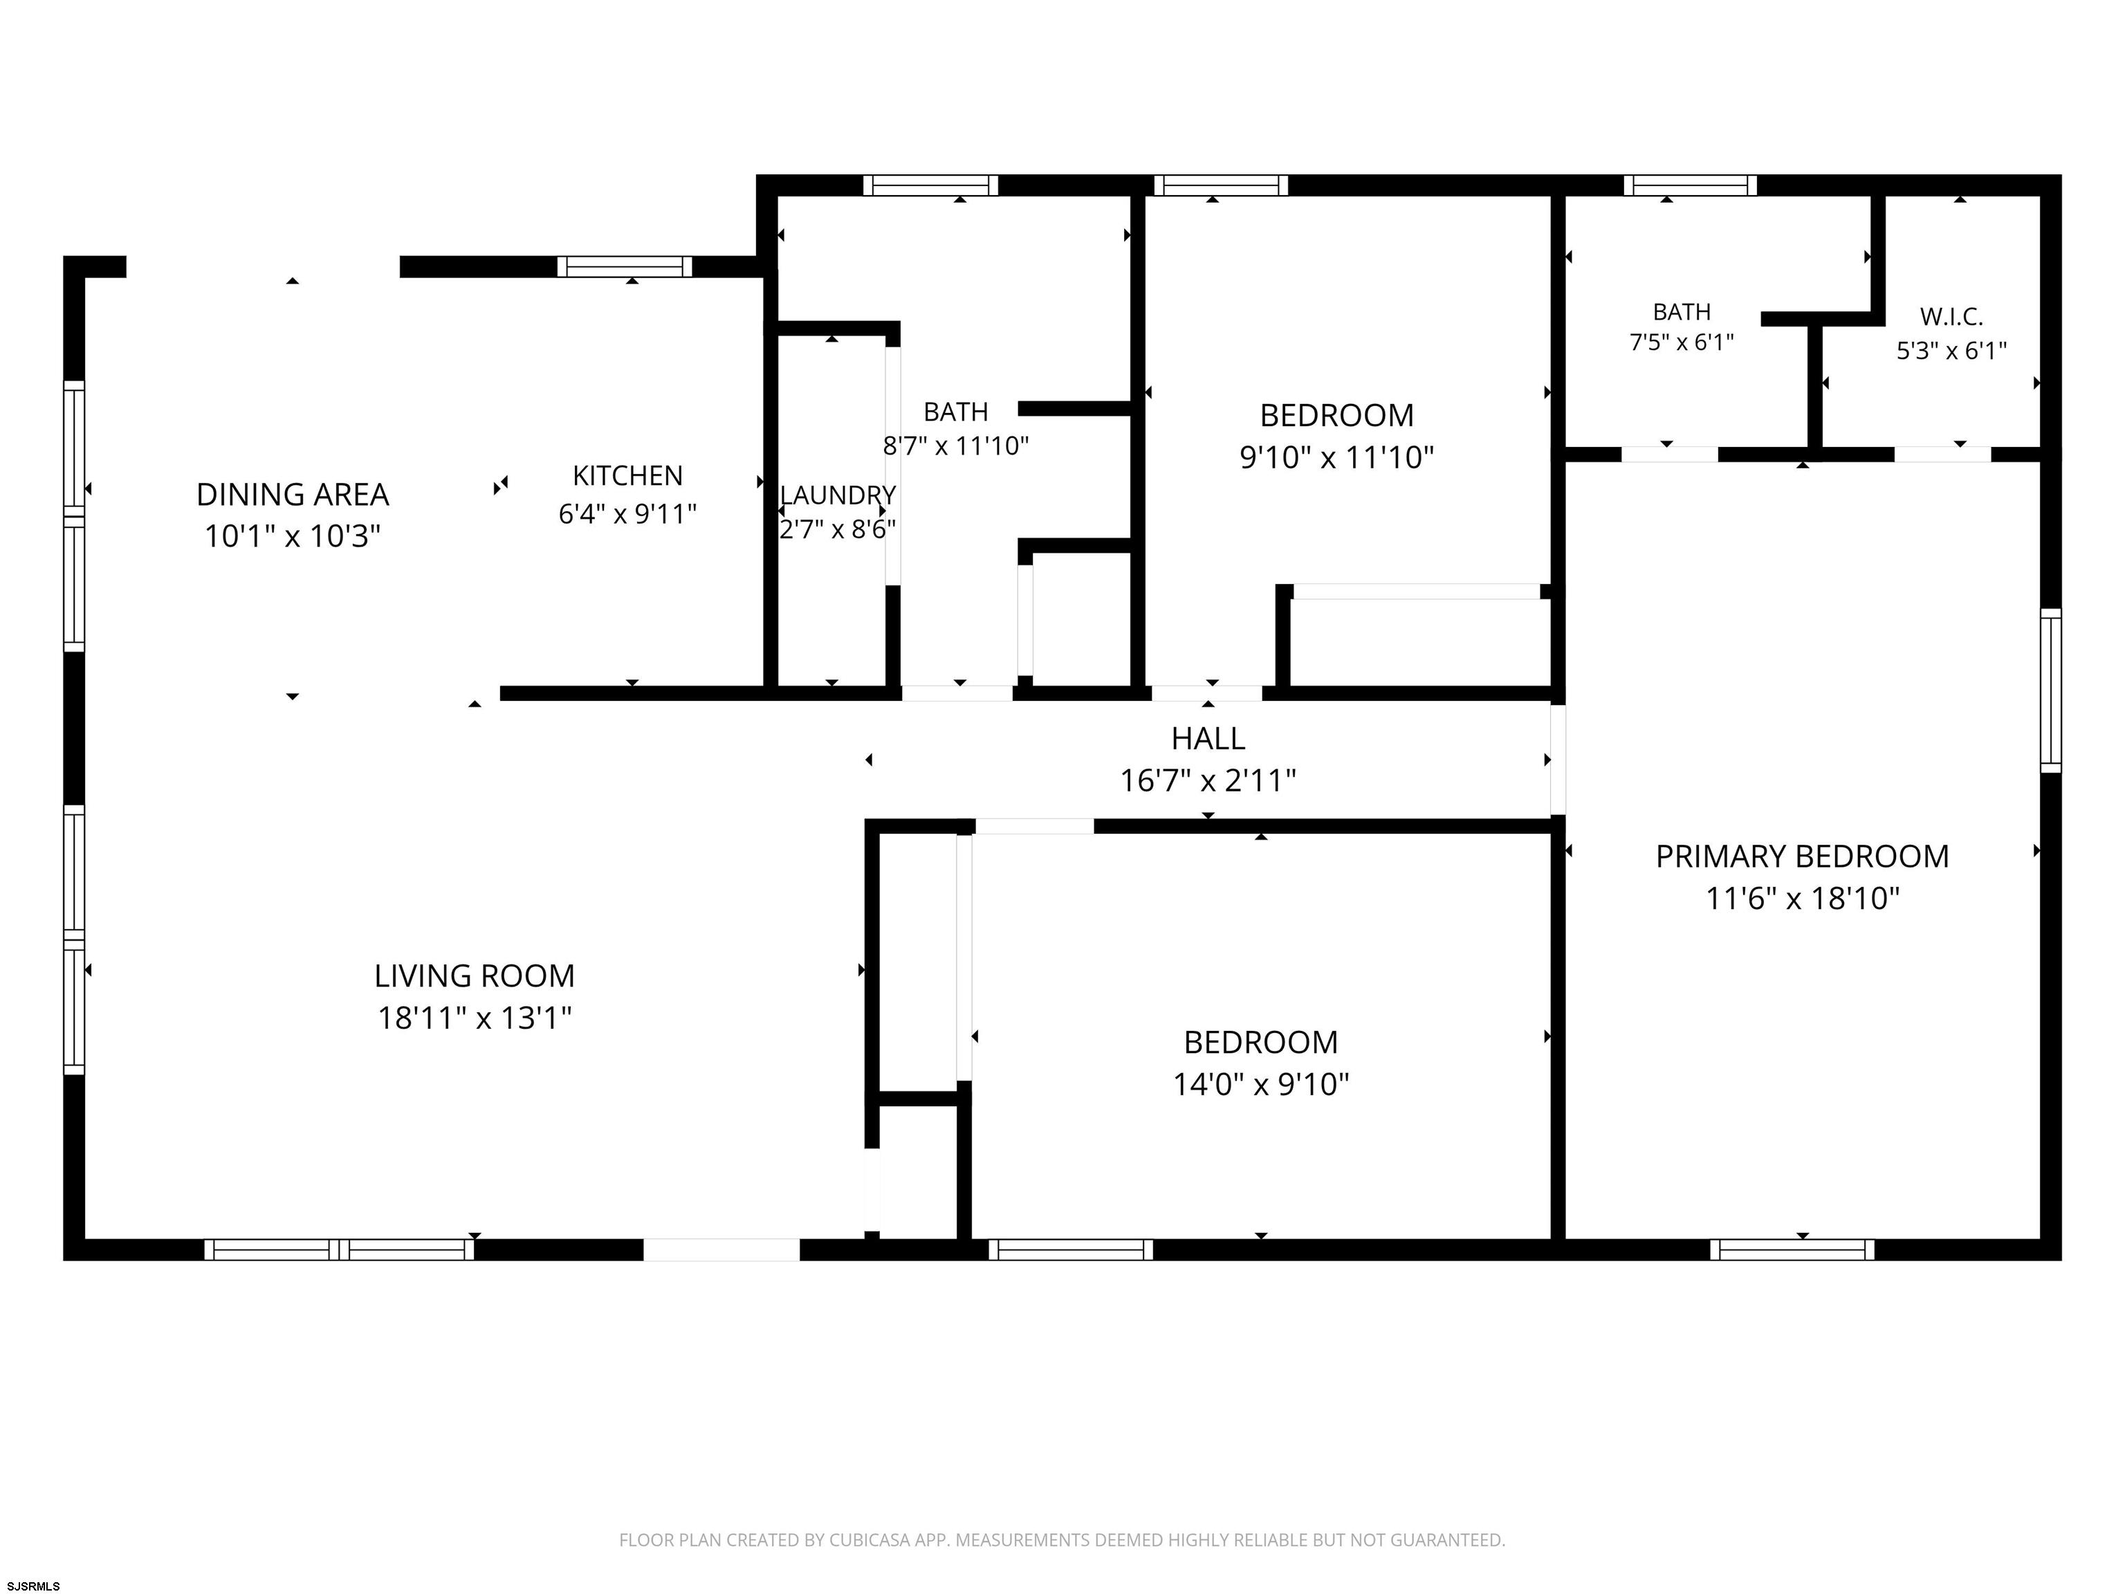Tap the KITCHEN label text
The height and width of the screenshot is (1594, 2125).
[x=627, y=475]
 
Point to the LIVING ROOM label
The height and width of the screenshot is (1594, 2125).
[x=475, y=975]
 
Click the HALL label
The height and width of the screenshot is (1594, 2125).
[x=1208, y=738]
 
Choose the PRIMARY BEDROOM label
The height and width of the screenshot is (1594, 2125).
[x=1802, y=856]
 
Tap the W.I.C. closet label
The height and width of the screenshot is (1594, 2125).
[x=1951, y=316]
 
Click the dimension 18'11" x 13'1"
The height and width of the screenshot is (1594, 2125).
[x=475, y=1018]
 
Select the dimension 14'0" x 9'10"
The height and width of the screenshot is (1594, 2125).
[x=1260, y=1084]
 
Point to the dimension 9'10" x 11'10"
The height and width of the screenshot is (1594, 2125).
[x=1336, y=457]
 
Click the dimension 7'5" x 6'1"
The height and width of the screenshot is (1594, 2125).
[x=1681, y=342]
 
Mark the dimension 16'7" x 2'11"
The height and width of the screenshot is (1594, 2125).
[x=1208, y=780]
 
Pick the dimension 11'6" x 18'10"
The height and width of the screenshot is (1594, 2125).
[x=1802, y=899]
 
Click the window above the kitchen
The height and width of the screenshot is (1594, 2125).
[x=625, y=266]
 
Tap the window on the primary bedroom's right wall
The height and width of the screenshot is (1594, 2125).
[x=2050, y=690]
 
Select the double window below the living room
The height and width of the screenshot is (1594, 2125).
[x=339, y=1249]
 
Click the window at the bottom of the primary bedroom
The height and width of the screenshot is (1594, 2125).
[x=1792, y=1249]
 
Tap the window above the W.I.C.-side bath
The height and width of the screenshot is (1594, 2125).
[x=1690, y=185]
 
